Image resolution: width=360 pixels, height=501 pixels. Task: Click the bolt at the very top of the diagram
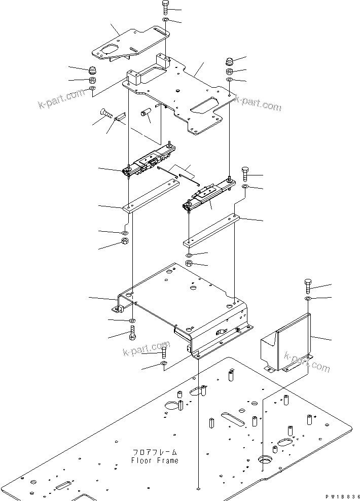point(167,8)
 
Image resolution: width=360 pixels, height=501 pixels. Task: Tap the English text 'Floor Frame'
point(155,460)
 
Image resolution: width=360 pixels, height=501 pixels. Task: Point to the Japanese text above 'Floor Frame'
point(155,452)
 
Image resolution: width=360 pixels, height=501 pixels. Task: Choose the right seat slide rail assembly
point(208,195)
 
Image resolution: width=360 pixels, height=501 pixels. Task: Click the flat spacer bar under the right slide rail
point(210,228)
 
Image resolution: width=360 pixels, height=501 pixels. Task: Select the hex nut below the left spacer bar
point(125,241)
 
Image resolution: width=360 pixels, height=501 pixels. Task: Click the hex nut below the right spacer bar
point(189,263)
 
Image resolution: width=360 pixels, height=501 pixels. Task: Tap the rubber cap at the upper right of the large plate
point(230,62)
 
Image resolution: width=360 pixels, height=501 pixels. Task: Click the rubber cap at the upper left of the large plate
point(93,69)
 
